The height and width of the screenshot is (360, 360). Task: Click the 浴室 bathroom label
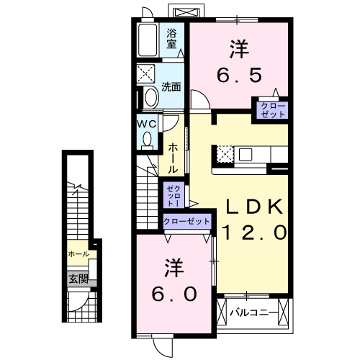coord(172,38)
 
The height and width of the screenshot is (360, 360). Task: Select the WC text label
coord(147,123)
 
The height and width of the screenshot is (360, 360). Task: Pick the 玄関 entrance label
coord(78,278)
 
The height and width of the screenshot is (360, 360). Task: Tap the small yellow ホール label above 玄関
coord(78,254)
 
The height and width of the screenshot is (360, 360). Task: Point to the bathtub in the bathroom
coord(149,42)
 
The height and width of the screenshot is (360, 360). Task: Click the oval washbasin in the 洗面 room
coord(150,98)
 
